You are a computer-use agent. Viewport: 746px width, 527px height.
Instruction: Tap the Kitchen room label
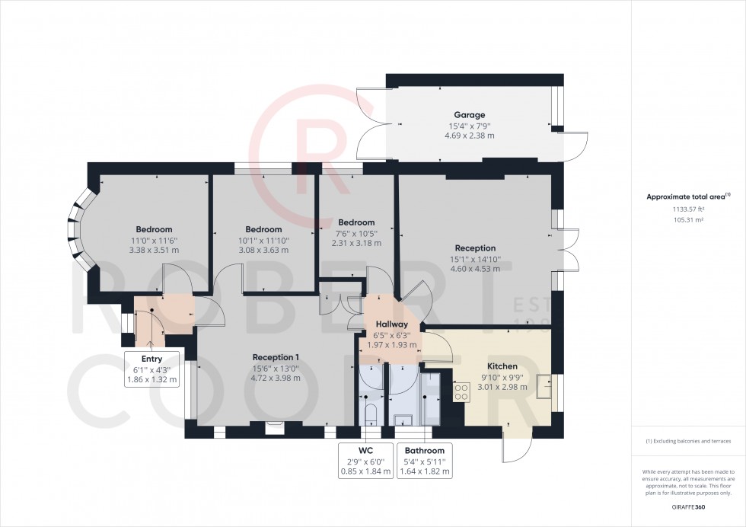(502, 366)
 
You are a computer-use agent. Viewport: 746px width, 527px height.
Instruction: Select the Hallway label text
(392, 324)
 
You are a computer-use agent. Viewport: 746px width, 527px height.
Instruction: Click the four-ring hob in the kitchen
(461, 391)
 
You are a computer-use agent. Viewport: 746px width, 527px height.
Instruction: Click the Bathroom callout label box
(424, 461)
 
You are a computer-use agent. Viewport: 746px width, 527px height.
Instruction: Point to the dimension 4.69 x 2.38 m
(469, 136)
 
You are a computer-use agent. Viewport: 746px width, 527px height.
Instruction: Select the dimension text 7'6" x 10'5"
(356, 233)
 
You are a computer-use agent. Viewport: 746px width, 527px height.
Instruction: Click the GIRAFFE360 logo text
(687, 507)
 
